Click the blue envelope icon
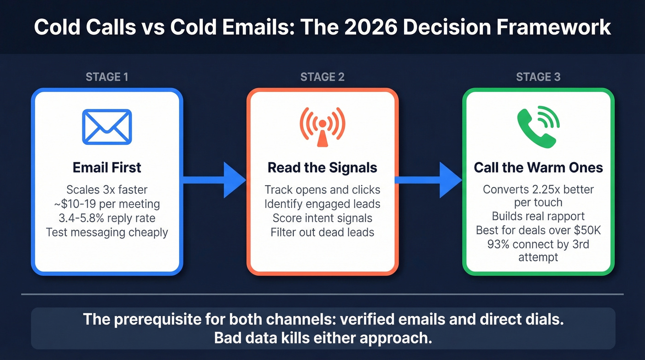107,126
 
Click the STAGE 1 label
107,77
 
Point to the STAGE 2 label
322,77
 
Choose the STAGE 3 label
538,77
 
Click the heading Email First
107,167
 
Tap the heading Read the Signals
322,167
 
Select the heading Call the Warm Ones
538,167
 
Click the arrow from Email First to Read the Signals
215,180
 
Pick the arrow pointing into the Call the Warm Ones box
430,180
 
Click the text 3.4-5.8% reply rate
107,218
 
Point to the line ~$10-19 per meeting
107,204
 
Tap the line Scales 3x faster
107,189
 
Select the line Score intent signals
322,218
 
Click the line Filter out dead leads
322,232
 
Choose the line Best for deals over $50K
538,230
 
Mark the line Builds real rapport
538,216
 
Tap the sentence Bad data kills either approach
322,338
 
